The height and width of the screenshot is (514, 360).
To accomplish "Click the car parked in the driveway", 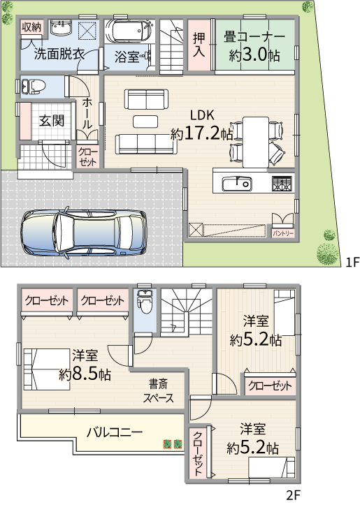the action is [83, 233].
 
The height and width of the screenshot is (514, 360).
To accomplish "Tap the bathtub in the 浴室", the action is [127, 31].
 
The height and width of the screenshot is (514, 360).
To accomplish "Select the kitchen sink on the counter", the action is [236, 184].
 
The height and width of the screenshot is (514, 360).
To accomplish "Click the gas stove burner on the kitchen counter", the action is [282, 184].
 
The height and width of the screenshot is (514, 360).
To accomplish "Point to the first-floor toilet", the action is [32, 87].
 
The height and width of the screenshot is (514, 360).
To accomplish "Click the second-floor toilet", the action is [145, 302].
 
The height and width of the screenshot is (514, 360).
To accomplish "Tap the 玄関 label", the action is [52, 121].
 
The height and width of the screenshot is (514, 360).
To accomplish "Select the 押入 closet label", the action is [199, 45].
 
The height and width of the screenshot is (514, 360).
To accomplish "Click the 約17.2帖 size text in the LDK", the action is [201, 133].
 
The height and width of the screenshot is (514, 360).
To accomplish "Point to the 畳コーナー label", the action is [254, 37].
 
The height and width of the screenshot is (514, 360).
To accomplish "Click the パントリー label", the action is [283, 234].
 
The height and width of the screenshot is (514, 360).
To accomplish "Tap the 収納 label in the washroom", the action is [31, 27].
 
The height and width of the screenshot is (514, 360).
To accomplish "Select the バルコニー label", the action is [115, 432].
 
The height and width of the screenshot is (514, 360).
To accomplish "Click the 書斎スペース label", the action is [158, 391].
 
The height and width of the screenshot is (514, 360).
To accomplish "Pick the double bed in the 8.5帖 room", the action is [47, 369].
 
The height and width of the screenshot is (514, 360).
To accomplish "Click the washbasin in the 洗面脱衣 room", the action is [61, 27].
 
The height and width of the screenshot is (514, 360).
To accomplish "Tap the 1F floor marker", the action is [353, 262].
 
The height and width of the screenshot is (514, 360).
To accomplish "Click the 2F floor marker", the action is [293, 494].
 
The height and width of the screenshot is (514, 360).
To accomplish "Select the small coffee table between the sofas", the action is [145, 121].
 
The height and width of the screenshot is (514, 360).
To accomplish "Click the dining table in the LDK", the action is [256, 142].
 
